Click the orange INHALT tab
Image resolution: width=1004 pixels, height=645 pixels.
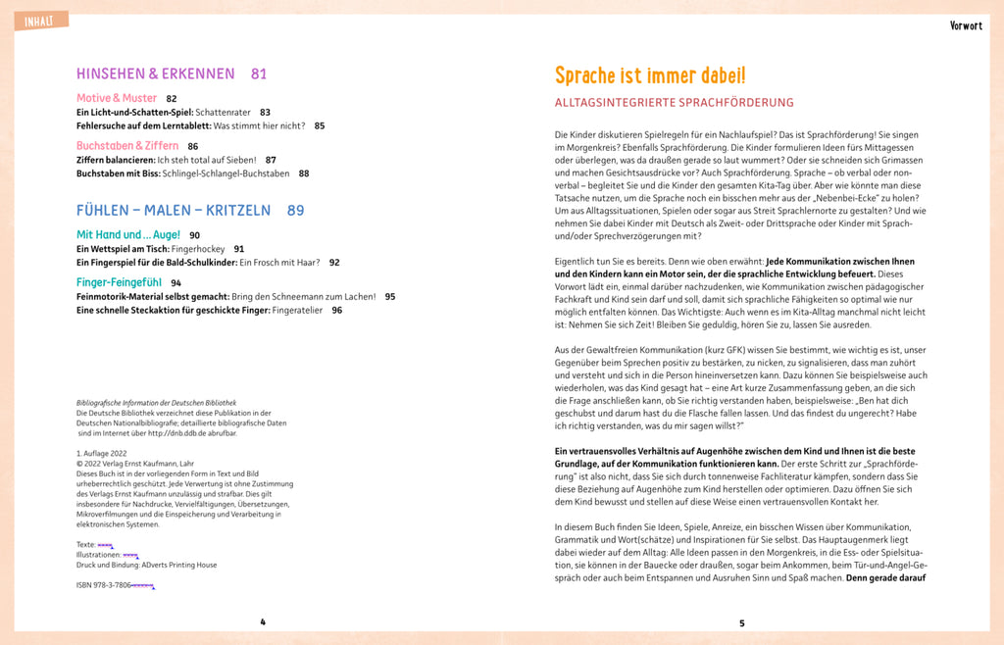[40, 21]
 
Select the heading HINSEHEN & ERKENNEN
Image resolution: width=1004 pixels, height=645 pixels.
[156, 74]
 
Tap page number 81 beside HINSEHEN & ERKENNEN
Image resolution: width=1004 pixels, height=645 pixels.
[259, 74]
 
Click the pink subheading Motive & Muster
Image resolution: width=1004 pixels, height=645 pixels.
[117, 98]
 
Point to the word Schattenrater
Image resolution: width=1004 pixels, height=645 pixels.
[228, 112]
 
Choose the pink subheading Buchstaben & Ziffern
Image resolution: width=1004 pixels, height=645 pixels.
[127, 146]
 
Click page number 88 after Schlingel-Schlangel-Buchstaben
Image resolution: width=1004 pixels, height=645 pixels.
[304, 174]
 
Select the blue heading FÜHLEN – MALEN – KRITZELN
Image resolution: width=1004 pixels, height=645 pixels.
[174, 210]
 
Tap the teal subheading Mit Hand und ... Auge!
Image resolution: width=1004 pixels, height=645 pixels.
[128, 235]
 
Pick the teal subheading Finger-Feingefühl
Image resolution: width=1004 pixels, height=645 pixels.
[120, 282]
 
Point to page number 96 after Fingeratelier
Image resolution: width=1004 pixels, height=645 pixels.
[337, 310]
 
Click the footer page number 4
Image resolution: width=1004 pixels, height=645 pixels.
[263, 621]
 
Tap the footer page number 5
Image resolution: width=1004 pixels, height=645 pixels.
[742, 622]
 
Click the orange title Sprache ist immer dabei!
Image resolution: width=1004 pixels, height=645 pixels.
[650, 75]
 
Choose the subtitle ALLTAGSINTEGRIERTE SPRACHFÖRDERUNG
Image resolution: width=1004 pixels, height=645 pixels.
[674, 102]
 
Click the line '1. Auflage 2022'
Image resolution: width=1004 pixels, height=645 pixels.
[102, 453]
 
